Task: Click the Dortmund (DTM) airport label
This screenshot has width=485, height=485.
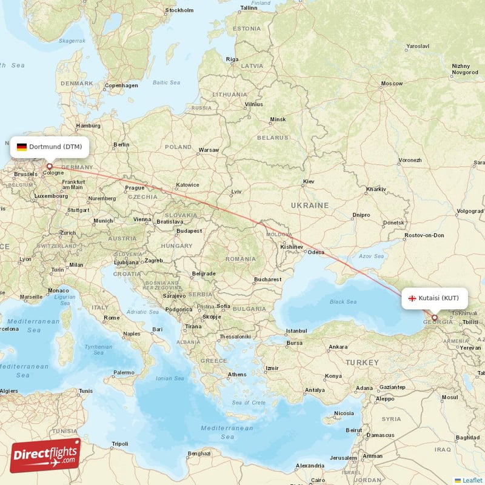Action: point(50,147)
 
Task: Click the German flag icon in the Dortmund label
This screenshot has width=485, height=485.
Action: point(22,147)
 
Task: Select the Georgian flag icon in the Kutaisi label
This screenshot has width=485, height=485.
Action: point(412,298)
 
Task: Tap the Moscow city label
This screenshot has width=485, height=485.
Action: point(391,83)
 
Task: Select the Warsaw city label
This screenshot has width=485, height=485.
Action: point(209,149)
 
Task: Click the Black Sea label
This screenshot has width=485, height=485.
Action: point(344,301)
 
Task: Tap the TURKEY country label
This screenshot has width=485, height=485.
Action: point(361,362)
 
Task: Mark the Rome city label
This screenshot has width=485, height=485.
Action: point(112,318)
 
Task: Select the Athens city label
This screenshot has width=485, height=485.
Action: point(237,374)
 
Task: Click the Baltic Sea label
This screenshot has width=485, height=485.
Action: point(166,82)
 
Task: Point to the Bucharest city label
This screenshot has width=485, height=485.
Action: point(267,279)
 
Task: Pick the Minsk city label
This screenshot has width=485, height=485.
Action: point(278,119)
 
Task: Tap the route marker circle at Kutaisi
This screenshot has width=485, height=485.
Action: point(434,317)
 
